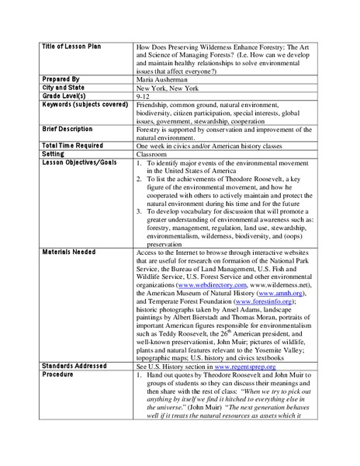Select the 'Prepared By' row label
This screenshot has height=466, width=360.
point(59,79)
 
